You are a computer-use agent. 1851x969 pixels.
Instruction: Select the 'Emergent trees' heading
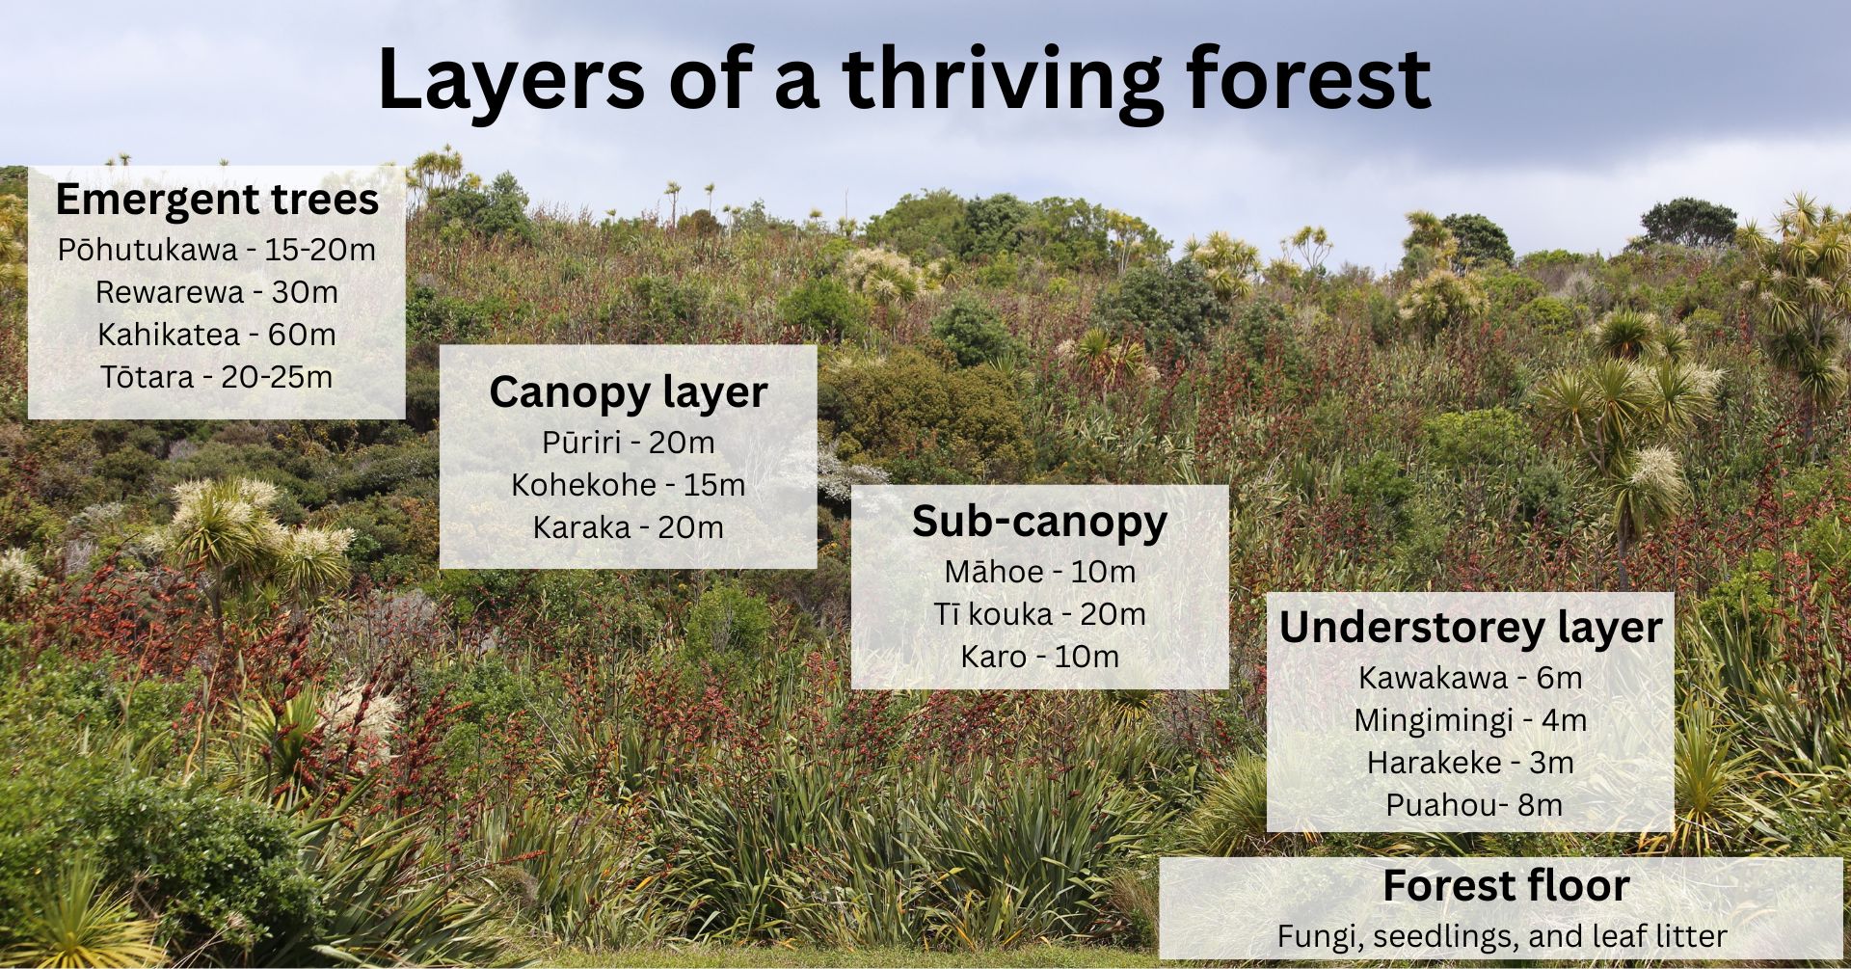pyautogui.click(x=217, y=200)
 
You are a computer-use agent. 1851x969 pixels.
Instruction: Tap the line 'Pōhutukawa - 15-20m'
pyautogui.click(x=217, y=250)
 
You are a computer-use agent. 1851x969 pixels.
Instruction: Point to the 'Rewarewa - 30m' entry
pyautogui.click(x=217, y=292)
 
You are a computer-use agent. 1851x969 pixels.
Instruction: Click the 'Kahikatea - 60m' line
pyautogui.click(x=217, y=335)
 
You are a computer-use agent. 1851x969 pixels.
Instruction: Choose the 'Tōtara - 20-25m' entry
pyautogui.click(x=217, y=377)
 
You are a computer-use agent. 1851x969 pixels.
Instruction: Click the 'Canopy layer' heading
pyautogui.click(x=629, y=392)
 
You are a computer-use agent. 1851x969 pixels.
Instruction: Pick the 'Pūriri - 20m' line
pyautogui.click(x=629, y=443)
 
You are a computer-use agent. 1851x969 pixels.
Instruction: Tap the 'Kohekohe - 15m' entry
pyautogui.click(x=629, y=485)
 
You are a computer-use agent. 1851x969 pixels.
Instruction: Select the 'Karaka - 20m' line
pyautogui.click(x=629, y=527)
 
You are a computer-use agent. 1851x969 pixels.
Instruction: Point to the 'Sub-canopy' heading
pyautogui.click(x=1040, y=522)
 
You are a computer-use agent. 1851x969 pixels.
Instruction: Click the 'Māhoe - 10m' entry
pyautogui.click(x=1040, y=572)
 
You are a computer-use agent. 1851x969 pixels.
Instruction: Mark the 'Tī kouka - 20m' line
pyautogui.click(x=1040, y=614)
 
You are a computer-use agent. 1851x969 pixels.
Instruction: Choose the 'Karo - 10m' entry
pyautogui.click(x=1040, y=657)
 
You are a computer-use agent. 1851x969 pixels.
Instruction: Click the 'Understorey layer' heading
pyautogui.click(x=1471, y=628)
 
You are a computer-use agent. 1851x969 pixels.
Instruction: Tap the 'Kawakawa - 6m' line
pyautogui.click(x=1471, y=678)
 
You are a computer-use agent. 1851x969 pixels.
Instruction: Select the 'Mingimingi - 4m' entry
pyautogui.click(x=1471, y=720)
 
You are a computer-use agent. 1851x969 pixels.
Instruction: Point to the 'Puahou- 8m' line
pyautogui.click(x=1475, y=805)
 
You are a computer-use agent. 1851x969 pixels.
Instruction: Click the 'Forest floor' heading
pyautogui.click(x=1506, y=886)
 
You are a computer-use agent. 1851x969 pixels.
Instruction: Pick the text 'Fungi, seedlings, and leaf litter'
pyautogui.click(x=1502, y=936)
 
